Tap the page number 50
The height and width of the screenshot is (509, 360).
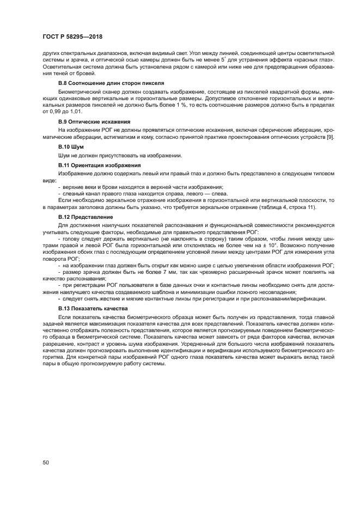46,463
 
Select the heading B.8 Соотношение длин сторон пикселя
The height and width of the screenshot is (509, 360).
103,83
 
